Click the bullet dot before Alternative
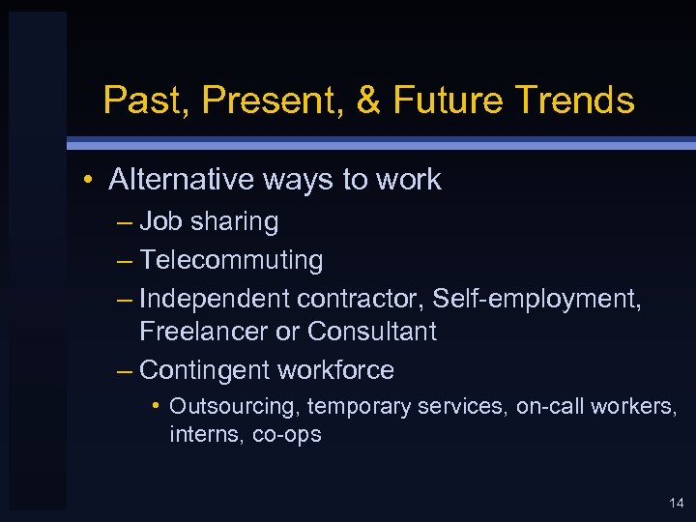pyautogui.click(x=88, y=180)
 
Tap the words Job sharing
pyautogui.click(x=209, y=221)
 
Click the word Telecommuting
pyautogui.click(x=231, y=260)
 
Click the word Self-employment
pyautogui.click(x=536, y=300)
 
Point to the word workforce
pyautogui.click(x=335, y=370)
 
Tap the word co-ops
pyautogui.click(x=286, y=435)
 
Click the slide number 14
pyautogui.click(x=676, y=503)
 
